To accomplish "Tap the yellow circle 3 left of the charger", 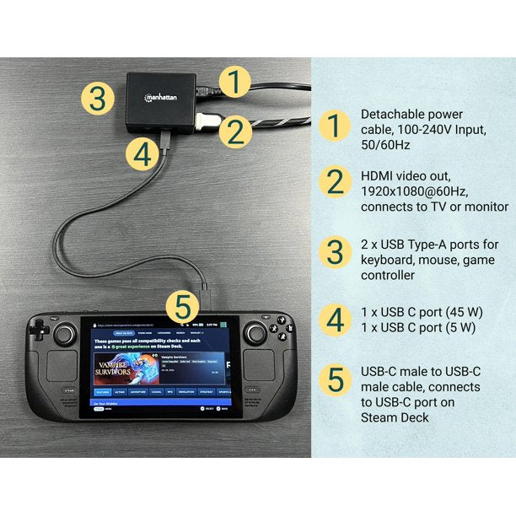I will tap(99, 99).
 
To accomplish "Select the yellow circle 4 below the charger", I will tap(144, 153).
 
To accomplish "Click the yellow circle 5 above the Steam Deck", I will tap(182, 306).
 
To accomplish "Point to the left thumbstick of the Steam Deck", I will tap(63, 334).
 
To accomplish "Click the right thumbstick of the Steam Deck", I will tap(255, 334).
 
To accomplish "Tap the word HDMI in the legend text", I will tap(378, 175).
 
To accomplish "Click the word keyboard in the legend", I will tap(388, 260).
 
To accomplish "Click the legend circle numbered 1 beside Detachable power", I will tap(336, 126).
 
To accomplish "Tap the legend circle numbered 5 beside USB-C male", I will tap(336, 379).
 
